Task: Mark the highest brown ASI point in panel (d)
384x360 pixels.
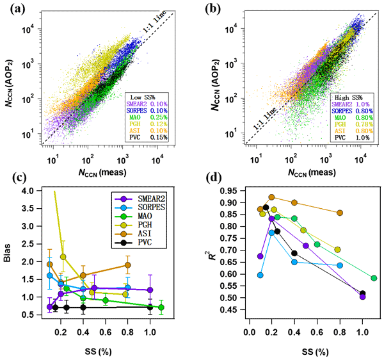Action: pyautogui.click(x=271, y=197)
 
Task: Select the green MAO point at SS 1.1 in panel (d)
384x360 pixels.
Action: pyautogui.click(x=374, y=278)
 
